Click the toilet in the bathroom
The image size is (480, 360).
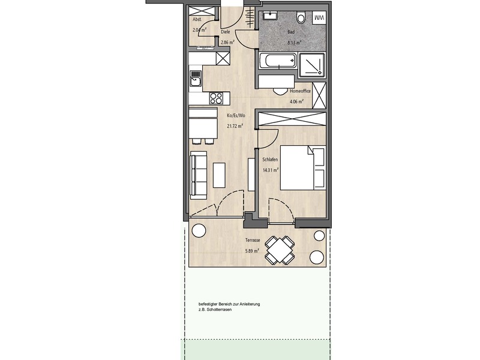pos(301,18)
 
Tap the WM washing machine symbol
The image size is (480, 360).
pos(320,18)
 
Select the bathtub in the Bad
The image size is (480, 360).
pos(278,61)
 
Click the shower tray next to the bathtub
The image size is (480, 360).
pos(312,64)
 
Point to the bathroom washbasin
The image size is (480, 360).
pos(269,15)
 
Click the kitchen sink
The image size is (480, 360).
pos(195,78)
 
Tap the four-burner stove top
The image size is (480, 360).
pos(216,98)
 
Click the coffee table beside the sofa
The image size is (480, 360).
pos(219,175)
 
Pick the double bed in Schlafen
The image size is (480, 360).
pos(302,167)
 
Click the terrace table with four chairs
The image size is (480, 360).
pos(280,250)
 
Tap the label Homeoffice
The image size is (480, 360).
pos(300,91)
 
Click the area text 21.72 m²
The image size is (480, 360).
pos(235,125)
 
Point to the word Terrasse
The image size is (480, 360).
pos(253,241)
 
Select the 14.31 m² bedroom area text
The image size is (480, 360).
pos(271,170)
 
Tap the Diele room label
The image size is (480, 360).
pos(226,32)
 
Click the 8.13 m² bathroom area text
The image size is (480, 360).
pos(294,43)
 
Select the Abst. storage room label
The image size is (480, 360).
pos(197,19)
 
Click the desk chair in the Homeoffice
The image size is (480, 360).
pos(278,91)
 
